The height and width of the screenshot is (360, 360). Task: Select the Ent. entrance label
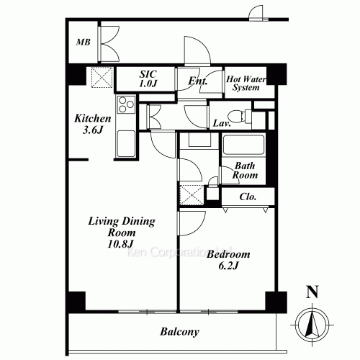pos(198,81)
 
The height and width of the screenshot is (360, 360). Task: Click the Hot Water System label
pos(243,84)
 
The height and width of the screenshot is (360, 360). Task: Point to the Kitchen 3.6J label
pos(93,123)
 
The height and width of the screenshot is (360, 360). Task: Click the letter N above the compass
pos(312,292)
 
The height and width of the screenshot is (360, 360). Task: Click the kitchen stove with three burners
pos(125,107)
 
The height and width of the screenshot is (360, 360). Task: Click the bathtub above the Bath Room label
pos(242,146)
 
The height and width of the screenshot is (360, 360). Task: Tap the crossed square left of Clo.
pos(191,194)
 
